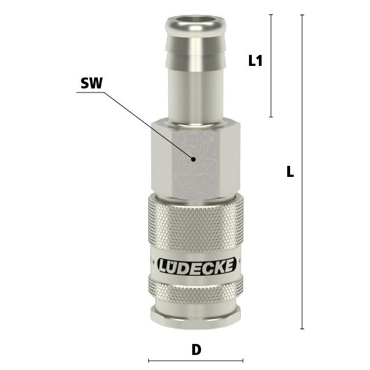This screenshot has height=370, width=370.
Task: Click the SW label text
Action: [x=91, y=83]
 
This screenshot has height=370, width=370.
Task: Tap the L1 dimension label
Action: [x=255, y=60]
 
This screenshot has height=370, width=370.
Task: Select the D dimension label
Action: [x=196, y=350]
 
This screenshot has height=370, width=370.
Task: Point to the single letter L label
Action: [x=290, y=172]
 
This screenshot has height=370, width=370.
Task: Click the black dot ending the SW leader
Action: [x=193, y=160]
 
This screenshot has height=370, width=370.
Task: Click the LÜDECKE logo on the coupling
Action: [x=197, y=266]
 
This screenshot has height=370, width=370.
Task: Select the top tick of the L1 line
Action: [x=271, y=14]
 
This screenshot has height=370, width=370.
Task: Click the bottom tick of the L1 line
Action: [x=271, y=117]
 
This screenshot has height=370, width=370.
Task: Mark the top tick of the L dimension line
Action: [x=302, y=15]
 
